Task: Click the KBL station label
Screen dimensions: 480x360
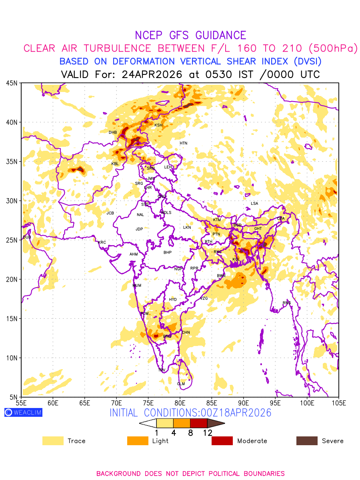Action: point(115,164)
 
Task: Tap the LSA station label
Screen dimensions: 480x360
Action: point(254,204)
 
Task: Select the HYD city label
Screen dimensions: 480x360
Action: point(173,300)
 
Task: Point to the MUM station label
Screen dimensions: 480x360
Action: point(137,286)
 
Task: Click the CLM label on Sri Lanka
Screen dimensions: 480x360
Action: point(181,384)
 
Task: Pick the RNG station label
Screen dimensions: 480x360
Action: point(287,303)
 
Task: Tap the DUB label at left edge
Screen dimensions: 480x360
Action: point(27,237)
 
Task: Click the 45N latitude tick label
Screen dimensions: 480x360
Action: point(12,83)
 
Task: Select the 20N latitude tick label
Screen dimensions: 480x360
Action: point(12,279)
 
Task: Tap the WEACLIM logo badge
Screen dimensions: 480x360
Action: point(23,412)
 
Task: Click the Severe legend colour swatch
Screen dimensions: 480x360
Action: point(307,441)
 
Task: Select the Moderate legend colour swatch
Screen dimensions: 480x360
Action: point(222,441)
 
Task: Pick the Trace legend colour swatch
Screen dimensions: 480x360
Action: point(53,441)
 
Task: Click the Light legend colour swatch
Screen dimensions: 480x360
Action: point(138,441)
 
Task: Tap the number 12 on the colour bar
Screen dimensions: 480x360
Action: point(207,433)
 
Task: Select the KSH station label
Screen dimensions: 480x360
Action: point(158,125)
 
